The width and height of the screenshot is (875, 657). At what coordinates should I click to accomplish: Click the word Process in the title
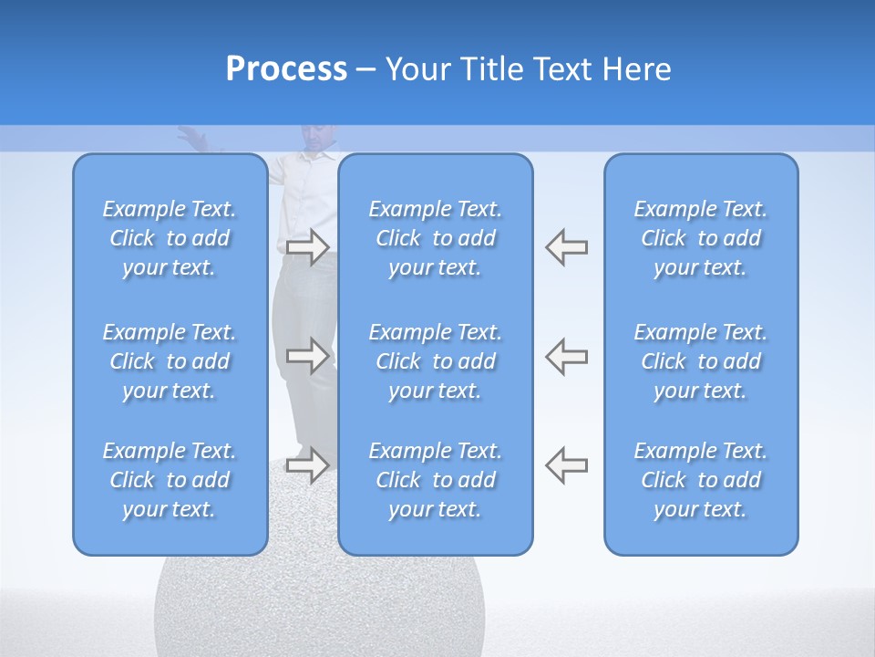click(x=286, y=69)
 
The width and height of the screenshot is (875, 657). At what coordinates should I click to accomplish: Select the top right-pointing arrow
click(x=308, y=247)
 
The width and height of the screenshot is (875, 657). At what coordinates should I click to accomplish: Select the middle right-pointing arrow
click(x=308, y=356)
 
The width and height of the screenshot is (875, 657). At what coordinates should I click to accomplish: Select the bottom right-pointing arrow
click(x=308, y=465)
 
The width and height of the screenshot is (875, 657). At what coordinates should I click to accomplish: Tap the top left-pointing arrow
click(x=567, y=247)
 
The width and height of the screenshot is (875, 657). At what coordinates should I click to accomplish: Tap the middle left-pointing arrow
click(x=567, y=356)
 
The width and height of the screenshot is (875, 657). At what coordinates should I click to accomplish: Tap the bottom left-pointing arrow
click(x=567, y=465)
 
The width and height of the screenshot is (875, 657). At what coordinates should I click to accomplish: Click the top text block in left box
click(x=170, y=238)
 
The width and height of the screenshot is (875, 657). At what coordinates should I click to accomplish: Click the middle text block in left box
click(x=170, y=361)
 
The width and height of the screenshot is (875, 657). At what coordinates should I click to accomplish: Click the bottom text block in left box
click(x=170, y=480)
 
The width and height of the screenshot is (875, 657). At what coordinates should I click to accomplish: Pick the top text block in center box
click(x=435, y=238)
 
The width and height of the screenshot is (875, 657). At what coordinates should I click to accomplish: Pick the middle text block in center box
click(x=435, y=361)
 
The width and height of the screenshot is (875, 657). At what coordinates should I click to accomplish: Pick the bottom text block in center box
click(x=435, y=480)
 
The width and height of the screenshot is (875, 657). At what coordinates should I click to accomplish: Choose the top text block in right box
click(x=700, y=238)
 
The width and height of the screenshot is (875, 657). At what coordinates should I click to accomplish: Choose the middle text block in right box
click(x=700, y=361)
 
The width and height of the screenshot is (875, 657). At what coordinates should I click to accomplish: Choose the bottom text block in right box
click(x=700, y=480)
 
